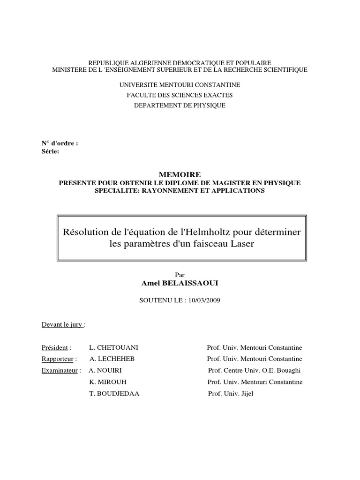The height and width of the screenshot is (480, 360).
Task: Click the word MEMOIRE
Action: (180, 174)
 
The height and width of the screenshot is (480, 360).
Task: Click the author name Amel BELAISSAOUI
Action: (180, 284)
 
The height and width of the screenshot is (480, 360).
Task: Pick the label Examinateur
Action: (59, 370)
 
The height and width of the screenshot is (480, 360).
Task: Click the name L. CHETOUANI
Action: (113, 348)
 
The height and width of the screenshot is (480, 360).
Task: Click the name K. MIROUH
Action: (108, 382)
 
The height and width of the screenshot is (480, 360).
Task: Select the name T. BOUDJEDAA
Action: (114, 394)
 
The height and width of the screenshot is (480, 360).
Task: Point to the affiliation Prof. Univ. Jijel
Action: (230, 394)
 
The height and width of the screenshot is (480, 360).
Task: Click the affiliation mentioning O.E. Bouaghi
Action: (254, 370)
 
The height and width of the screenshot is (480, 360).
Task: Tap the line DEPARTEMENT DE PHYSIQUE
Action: (180, 106)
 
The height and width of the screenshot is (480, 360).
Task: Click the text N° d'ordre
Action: (60, 144)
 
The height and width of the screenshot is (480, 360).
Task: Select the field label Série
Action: (50, 151)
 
